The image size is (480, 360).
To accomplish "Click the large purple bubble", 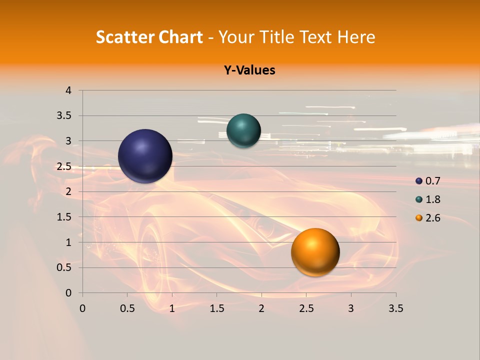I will pyautogui.click(x=145, y=156).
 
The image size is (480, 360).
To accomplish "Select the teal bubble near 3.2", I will pyautogui.click(x=243, y=131).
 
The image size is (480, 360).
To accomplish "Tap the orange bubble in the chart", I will pyautogui.click(x=315, y=252).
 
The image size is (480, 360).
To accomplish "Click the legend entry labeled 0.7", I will pyautogui.click(x=428, y=181).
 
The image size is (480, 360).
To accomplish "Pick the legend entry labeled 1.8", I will pyautogui.click(x=428, y=199).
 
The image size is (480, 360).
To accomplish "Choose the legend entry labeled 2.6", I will pyautogui.click(x=428, y=218).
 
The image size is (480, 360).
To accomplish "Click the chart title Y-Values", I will pyautogui.click(x=249, y=70).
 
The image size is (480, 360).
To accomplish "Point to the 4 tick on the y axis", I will pyautogui.click(x=68, y=90).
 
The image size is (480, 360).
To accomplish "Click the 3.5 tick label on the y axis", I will pyautogui.click(x=64, y=116).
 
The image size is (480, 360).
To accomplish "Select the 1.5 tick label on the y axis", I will pyautogui.click(x=64, y=217).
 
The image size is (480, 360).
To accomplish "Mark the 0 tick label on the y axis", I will pyautogui.click(x=68, y=293).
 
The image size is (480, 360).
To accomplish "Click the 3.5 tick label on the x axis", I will pyautogui.click(x=395, y=308).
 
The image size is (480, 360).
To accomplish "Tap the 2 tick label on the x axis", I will pyautogui.click(x=261, y=308).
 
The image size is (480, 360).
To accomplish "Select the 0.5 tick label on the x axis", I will pyautogui.click(x=127, y=308).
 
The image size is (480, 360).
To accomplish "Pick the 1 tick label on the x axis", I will pyautogui.click(x=172, y=308).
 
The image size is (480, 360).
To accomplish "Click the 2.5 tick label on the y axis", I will pyautogui.click(x=64, y=166).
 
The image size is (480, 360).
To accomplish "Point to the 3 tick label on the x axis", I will pyautogui.click(x=351, y=308).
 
